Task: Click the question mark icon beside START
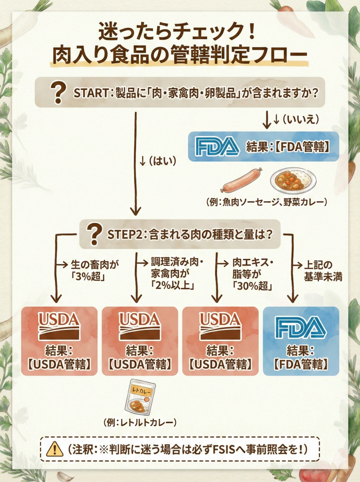(x=59, y=93)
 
